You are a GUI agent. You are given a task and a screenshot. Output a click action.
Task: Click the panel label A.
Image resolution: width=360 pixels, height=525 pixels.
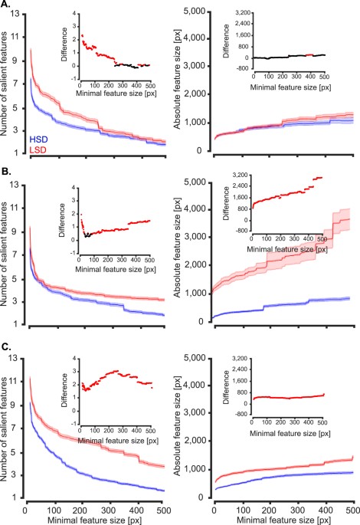[x=5, y=5]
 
